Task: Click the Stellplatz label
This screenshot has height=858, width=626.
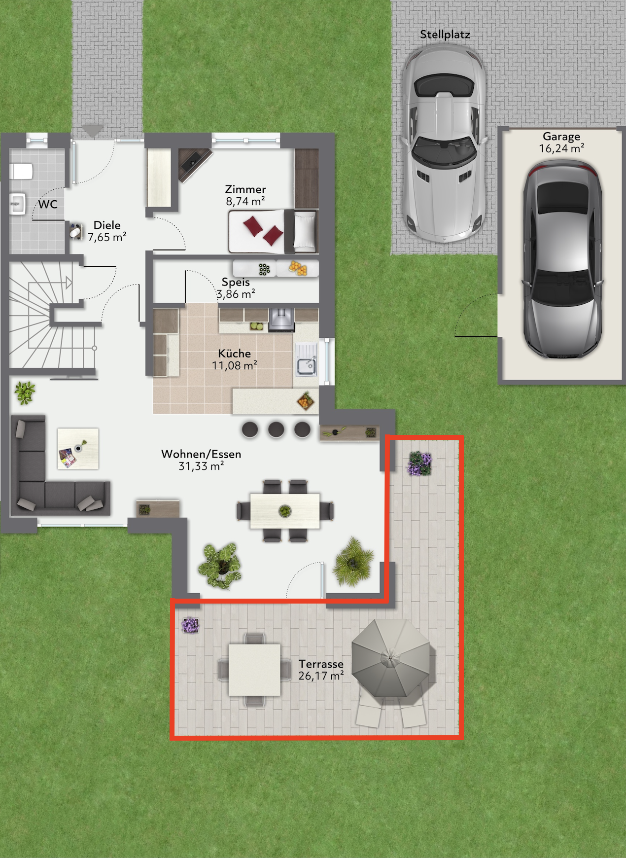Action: coord(445,35)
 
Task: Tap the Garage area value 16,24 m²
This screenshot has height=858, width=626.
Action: coord(561,148)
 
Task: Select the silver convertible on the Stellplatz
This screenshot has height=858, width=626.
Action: coord(444,143)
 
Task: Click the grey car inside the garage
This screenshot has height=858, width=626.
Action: coord(562,260)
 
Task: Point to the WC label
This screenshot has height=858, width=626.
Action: coord(48,204)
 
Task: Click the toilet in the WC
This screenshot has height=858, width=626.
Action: coord(21,172)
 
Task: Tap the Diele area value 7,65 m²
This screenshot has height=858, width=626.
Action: coord(107,237)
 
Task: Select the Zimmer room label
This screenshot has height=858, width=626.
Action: coord(245,189)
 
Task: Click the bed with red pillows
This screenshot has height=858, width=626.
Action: coord(273,231)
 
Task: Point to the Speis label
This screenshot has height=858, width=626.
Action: coord(236,282)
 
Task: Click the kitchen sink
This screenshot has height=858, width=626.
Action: coord(306,359)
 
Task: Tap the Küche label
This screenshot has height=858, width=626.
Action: coord(235,354)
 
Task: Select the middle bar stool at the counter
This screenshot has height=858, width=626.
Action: coord(276,429)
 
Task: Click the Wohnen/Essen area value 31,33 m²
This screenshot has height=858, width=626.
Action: coord(201,466)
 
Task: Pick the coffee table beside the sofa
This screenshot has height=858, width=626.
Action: coord(78,448)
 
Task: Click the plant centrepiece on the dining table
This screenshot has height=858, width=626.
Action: coord(285,511)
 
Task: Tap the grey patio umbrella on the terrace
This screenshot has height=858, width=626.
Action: coord(391,657)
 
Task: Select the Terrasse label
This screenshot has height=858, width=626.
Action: coord(321,664)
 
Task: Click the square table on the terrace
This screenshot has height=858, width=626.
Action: coord(254,670)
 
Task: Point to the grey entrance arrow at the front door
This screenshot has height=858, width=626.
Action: coord(92,131)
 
